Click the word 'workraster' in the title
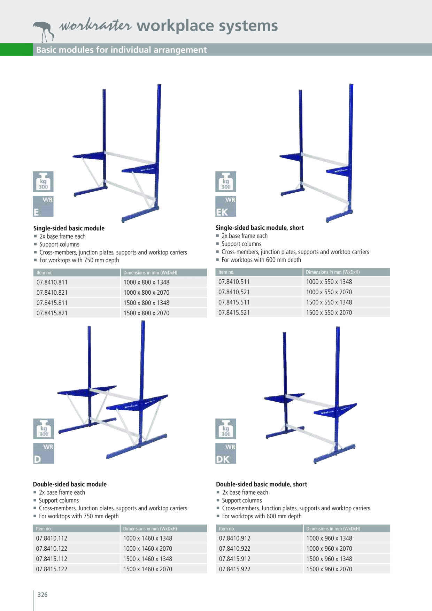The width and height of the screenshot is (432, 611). [x=95, y=25]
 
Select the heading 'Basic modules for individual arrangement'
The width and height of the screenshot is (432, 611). [x=121, y=50]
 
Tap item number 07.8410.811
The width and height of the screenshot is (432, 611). [x=52, y=282]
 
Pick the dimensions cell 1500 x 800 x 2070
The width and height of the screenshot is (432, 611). [x=146, y=313]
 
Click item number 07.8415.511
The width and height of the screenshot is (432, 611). [x=234, y=302]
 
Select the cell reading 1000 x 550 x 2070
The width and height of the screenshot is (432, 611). [x=329, y=292]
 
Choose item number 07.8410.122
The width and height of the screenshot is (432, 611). [x=52, y=549]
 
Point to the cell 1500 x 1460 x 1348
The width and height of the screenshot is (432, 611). [x=148, y=559]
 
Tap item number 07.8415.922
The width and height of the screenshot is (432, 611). [x=234, y=569]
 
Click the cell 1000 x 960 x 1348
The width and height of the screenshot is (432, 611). [x=329, y=538]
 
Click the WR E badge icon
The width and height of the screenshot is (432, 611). [x=43, y=206]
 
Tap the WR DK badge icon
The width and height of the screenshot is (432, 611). [x=226, y=454]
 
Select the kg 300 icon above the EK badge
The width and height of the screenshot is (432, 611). [x=226, y=182]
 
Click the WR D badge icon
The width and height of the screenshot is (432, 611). [x=44, y=454]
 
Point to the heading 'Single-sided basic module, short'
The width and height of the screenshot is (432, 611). [x=260, y=228]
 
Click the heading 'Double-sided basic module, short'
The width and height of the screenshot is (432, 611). [x=262, y=484]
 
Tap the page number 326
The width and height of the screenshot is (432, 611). [x=43, y=595]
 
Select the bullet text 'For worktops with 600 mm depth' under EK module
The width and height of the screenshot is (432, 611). [x=261, y=260]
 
